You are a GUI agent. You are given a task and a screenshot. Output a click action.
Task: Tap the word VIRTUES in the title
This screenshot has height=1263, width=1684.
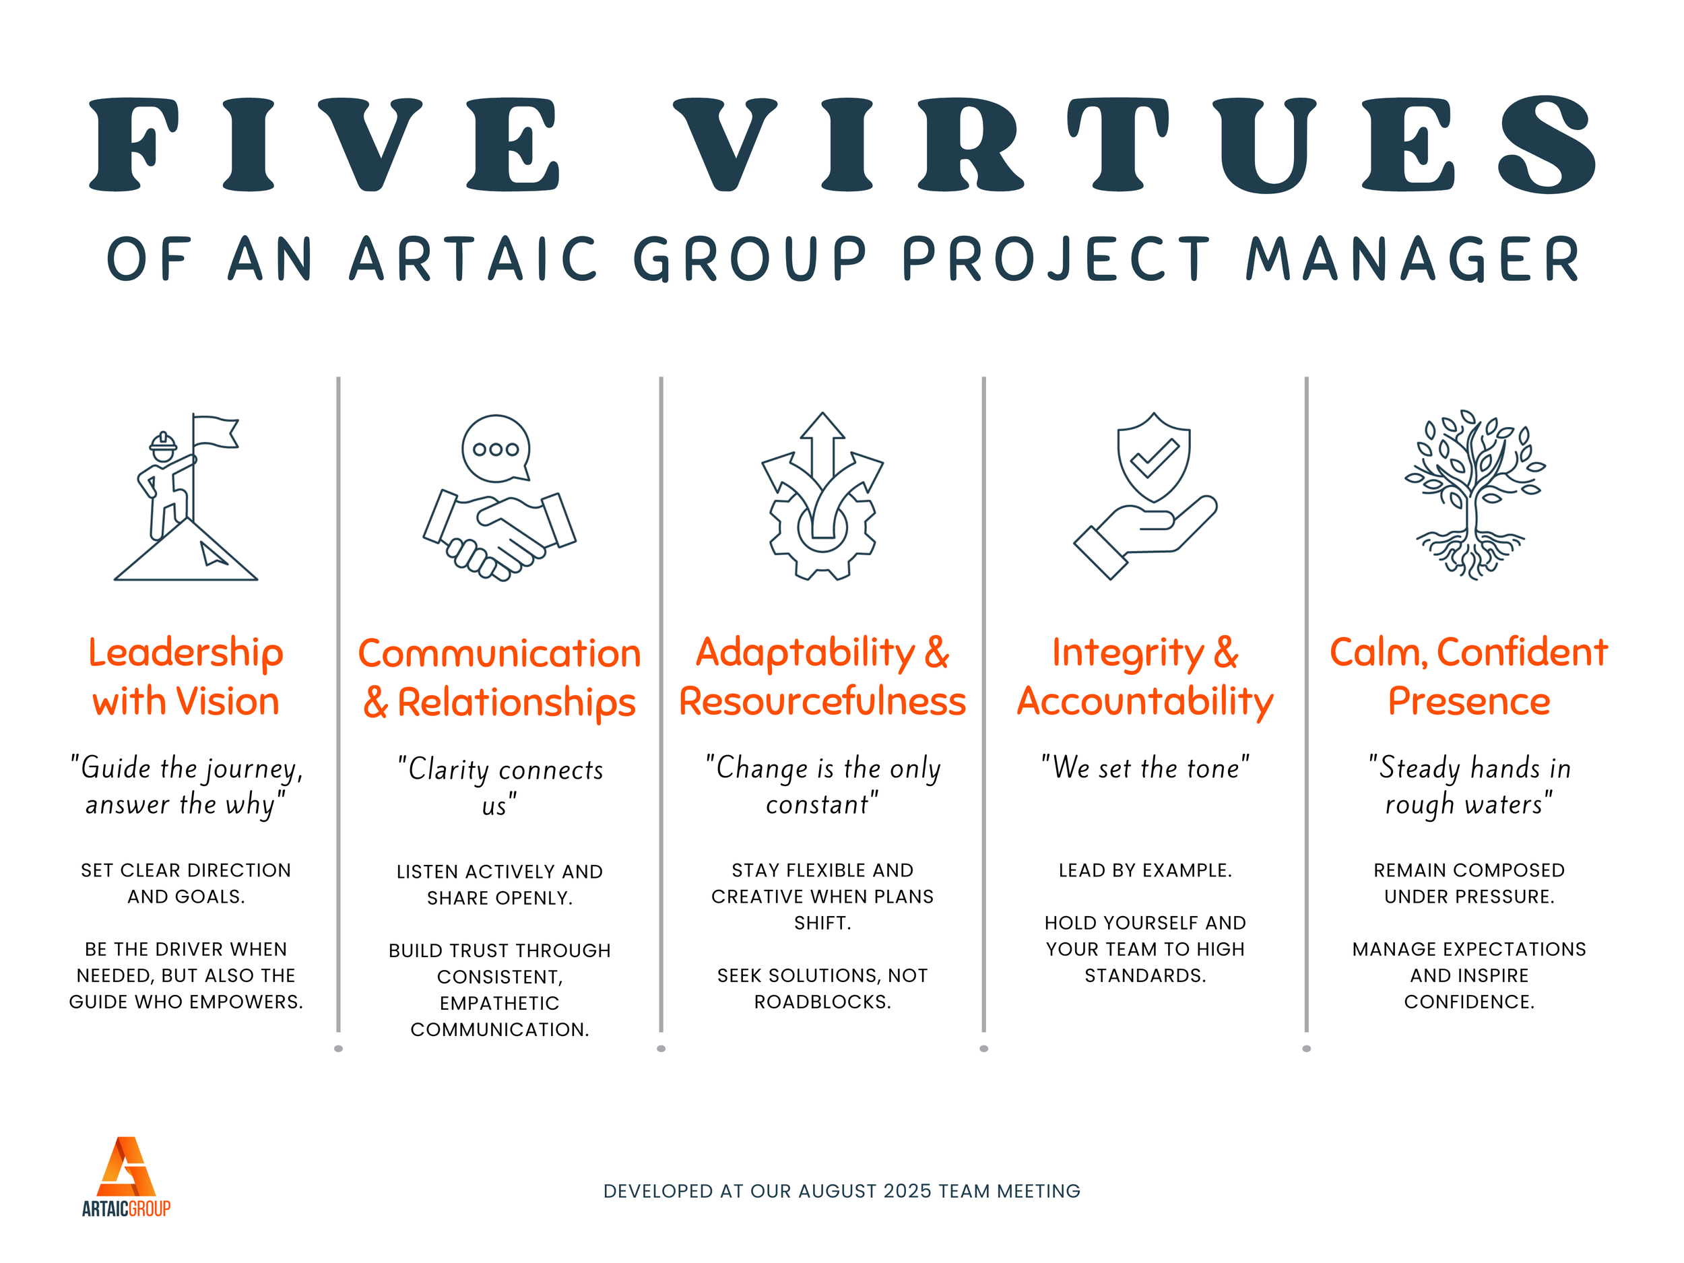tap(1134, 145)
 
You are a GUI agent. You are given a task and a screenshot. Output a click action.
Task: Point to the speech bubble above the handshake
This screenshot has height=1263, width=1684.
tap(496, 449)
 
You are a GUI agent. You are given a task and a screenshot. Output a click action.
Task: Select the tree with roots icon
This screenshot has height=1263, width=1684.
tap(1475, 495)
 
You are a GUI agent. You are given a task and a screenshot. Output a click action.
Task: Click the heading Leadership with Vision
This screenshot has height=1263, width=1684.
tap(186, 676)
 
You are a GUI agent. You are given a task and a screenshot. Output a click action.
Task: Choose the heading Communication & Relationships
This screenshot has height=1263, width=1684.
tap(499, 678)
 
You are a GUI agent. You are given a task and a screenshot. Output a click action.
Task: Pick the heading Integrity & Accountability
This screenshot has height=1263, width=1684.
tap(1145, 676)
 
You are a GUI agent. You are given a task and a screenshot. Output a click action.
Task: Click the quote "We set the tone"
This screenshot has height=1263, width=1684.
tap(1145, 767)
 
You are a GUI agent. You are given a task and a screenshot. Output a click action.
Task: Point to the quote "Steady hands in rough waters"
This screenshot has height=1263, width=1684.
tap(1469, 785)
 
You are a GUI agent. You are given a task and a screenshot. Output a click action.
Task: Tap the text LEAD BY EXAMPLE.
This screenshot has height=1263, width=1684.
tap(1145, 870)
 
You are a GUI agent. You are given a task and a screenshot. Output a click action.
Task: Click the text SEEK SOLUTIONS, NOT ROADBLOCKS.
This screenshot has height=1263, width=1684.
tap(822, 988)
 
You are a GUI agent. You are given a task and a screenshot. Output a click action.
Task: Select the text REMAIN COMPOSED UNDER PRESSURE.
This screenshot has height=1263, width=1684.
tap(1469, 883)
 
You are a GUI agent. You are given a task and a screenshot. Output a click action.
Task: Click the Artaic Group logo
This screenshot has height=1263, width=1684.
tap(127, 1176)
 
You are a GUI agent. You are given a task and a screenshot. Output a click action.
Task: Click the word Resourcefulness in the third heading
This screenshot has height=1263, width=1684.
tap(822, 701)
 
